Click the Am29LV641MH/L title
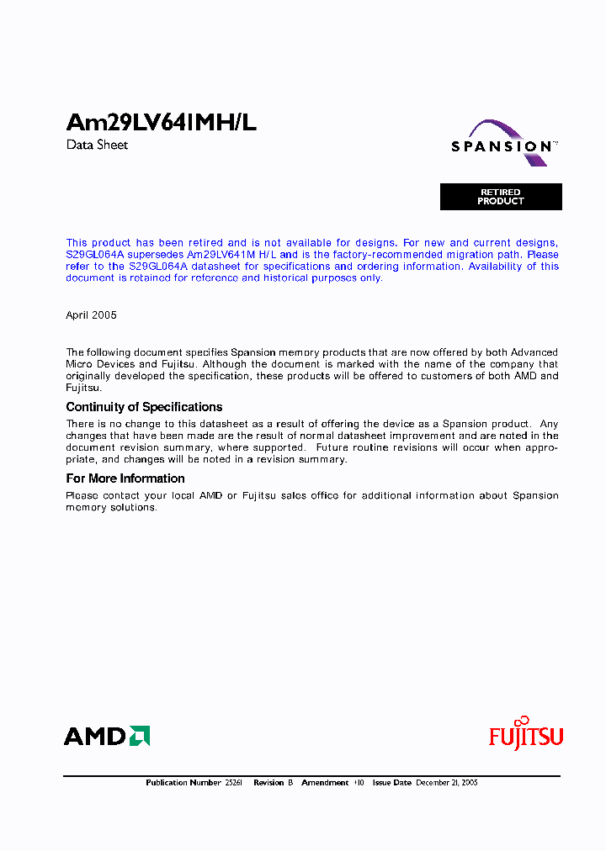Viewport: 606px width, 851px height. coord(161,123)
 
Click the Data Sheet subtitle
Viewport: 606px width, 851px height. coord(97,145)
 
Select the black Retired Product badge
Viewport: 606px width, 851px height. coord(501,197)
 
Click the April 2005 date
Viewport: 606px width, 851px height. coord(91,315)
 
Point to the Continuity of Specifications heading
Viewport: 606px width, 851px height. coord(144,407)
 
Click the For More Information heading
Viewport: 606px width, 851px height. coord(125,478)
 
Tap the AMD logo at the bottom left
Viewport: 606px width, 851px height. coord(107,737)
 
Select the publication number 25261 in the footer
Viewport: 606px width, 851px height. coord(233,783)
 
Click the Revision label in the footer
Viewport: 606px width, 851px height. coord(268,783)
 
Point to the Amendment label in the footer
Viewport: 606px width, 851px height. coord(325,783)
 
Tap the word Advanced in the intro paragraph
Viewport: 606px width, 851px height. coord(534,352)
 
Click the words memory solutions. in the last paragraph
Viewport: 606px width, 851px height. coord(111,508)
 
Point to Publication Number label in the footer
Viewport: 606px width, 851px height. coord(183,783)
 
